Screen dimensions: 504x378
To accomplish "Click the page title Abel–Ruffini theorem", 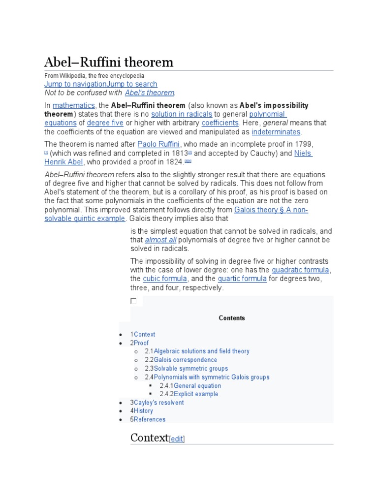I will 109,62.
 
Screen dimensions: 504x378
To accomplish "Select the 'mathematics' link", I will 74,105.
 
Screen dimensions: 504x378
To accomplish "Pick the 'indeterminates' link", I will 276,131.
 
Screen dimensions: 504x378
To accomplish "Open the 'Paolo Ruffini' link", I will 159,144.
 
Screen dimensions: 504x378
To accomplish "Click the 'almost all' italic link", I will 160,240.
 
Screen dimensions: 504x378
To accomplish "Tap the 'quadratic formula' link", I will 301,270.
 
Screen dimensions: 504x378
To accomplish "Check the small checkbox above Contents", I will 133,301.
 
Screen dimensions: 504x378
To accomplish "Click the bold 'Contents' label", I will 232,318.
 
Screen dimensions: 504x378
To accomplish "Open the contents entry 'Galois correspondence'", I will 185,360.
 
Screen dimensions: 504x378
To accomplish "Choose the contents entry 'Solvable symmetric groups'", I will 190,368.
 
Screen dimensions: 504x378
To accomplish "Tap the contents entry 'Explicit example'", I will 196,394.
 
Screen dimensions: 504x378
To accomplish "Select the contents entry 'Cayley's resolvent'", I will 158,403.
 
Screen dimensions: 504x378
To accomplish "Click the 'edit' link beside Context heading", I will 177,439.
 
